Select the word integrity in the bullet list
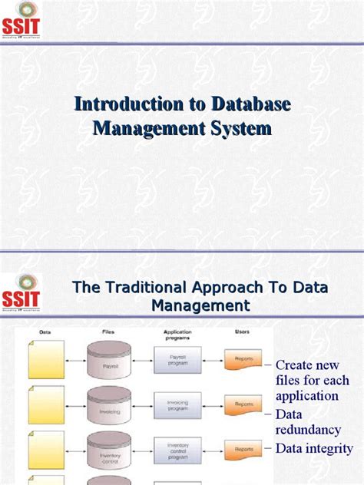pos(327,448)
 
